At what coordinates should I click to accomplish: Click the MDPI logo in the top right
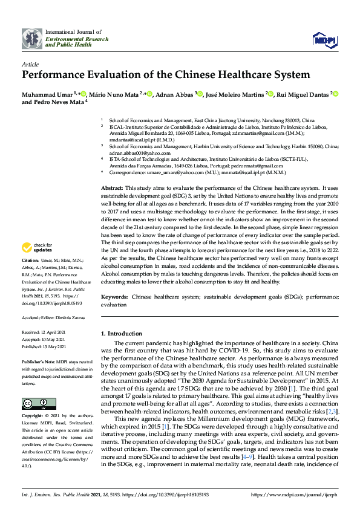click(x=324, y=39)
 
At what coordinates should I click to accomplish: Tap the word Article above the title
click(x=30, y=63)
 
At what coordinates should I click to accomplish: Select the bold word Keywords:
click(x=114, y=297)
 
